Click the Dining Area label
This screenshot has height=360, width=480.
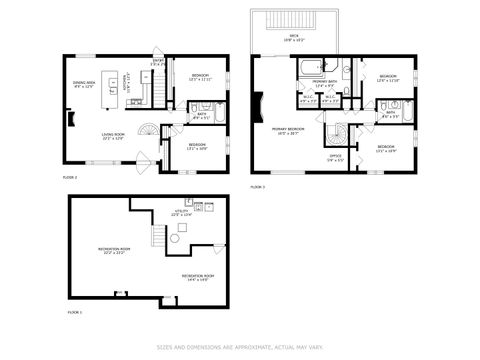coord(83,84)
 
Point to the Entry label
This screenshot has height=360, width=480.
coord(157,63)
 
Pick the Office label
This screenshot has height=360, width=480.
coord(336,158)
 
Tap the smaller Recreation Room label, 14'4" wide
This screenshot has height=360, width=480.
coord(194,277)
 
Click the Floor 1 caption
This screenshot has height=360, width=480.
coord(75,312)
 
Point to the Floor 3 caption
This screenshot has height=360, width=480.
coord(257,187)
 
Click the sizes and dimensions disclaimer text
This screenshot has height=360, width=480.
coord(240,348)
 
